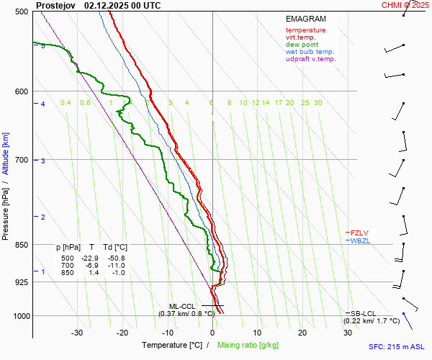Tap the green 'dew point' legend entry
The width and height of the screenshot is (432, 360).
point(302,45)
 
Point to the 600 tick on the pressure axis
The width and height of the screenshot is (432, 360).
point(21,91)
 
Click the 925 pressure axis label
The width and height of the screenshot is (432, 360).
point(21,282)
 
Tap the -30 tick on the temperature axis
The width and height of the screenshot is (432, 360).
point(77,333)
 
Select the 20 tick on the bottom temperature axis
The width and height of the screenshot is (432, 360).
point(302,333)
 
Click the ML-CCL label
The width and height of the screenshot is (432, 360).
point(181,306)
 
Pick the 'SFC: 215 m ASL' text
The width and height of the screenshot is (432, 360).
point(400,347)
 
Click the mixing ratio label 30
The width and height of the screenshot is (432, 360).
point(318,103)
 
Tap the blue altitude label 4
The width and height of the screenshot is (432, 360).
point(42,104)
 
